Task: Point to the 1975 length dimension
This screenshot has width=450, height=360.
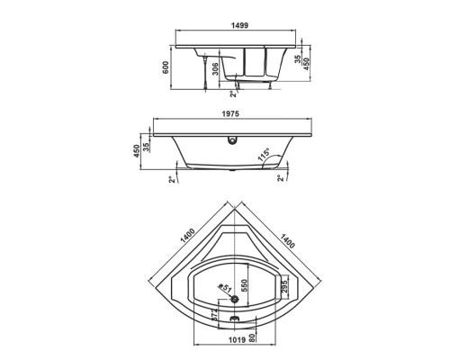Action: point(235,113)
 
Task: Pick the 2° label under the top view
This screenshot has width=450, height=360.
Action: point(232,94)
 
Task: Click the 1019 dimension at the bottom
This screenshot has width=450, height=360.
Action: point(236,340)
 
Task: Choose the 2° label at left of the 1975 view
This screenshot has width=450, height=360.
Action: point(172,180)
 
